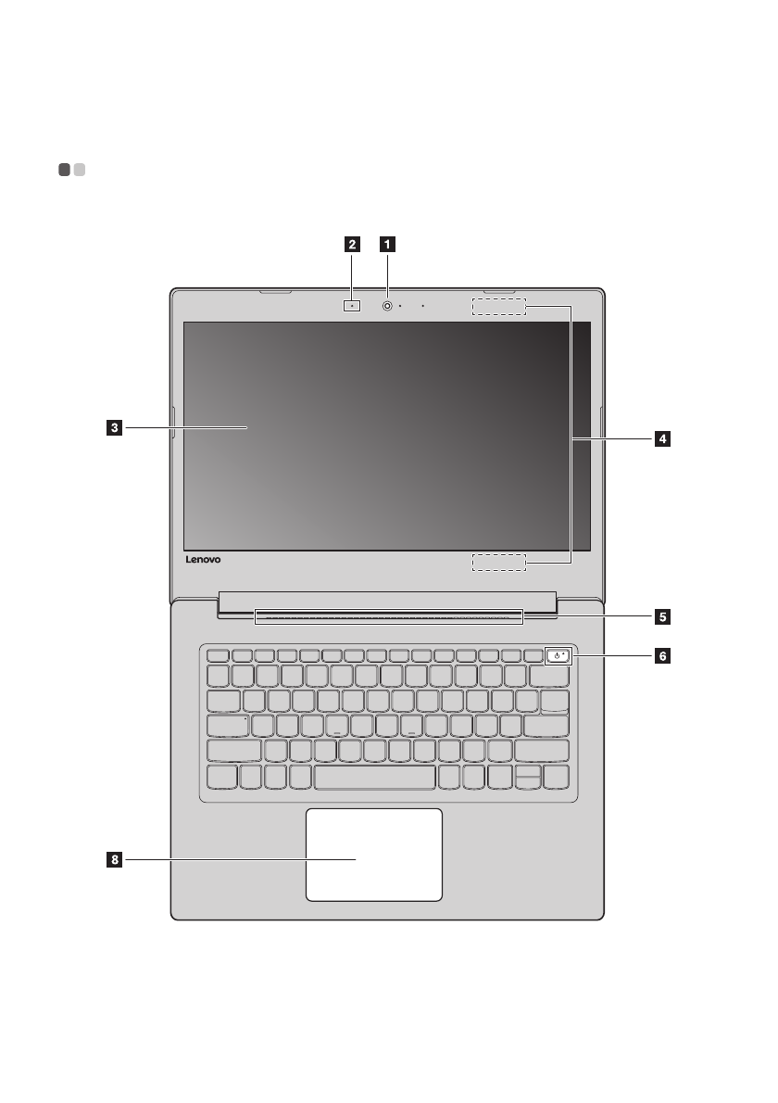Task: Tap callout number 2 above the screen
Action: point(352,246)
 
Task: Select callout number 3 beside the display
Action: point(112,427)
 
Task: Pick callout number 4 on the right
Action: point(661,438)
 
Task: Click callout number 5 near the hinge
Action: point(661,615)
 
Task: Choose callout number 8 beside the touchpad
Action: point(112,860)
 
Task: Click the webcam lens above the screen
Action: point(387,305)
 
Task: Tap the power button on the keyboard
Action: point(558,656)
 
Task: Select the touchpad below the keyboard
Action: point(373,854)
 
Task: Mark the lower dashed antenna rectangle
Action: point(498,562)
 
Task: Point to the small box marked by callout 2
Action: point(353,305)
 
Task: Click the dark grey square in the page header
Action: point(64,170)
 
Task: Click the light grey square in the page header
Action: point(80,170)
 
